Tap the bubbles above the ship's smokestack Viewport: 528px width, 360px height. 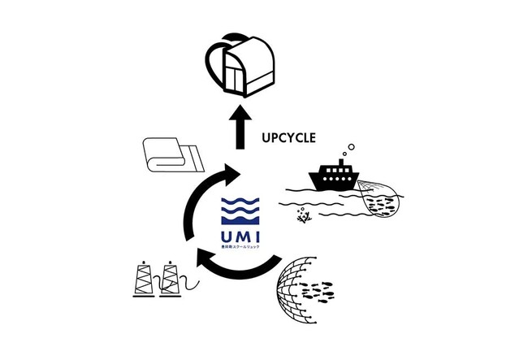pos(347,152)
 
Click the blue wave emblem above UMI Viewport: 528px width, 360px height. pos(240,210)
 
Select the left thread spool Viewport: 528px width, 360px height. pos(143,280)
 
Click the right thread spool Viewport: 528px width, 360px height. pos(169,280)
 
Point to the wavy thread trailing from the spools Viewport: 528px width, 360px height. pos(190,282)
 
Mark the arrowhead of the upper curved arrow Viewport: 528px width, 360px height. pos(234,173)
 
